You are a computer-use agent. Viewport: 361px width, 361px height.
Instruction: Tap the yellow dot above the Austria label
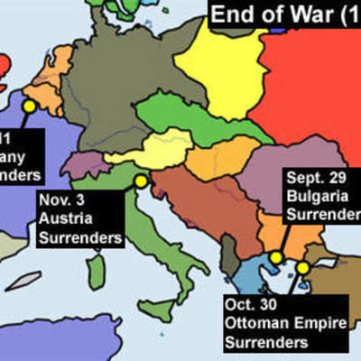coord(141,181)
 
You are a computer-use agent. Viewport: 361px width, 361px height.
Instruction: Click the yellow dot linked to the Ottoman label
coord(302,267)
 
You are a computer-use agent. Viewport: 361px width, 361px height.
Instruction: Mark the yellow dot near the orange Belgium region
coord(28,106)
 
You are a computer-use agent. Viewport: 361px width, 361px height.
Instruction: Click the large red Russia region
coord(316,90)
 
